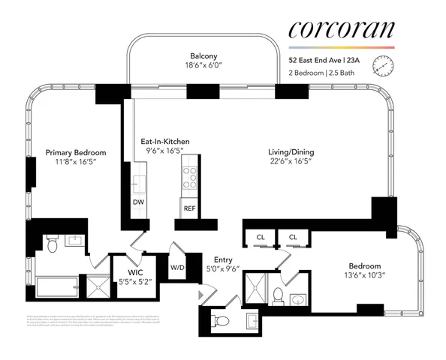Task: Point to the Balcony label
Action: tap(204, 55)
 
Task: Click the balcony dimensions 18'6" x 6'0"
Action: tap(204, 65)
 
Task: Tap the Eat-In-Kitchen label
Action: tap(164, 141)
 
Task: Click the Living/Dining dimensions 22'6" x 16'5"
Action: tap(293, 160)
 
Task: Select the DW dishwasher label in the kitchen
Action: tap(138, 202)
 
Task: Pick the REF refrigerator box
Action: tap(188, 208)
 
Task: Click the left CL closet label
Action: tap(260, 237)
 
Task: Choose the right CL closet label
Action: tap(294, 237)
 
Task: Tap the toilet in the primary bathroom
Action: tap(52, 244)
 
